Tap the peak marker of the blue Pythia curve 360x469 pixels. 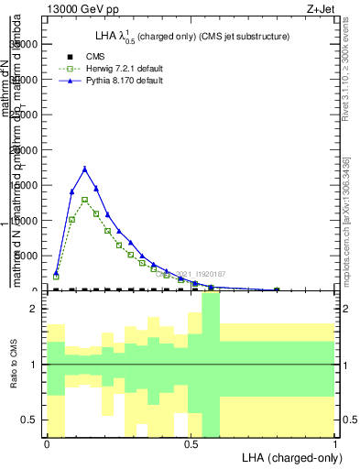(84, 169)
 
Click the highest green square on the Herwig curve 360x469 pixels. (84, 200)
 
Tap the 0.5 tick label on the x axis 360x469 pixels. (191, 443)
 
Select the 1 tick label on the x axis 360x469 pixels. (335, 443)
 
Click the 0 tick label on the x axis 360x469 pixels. (47, 443)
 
